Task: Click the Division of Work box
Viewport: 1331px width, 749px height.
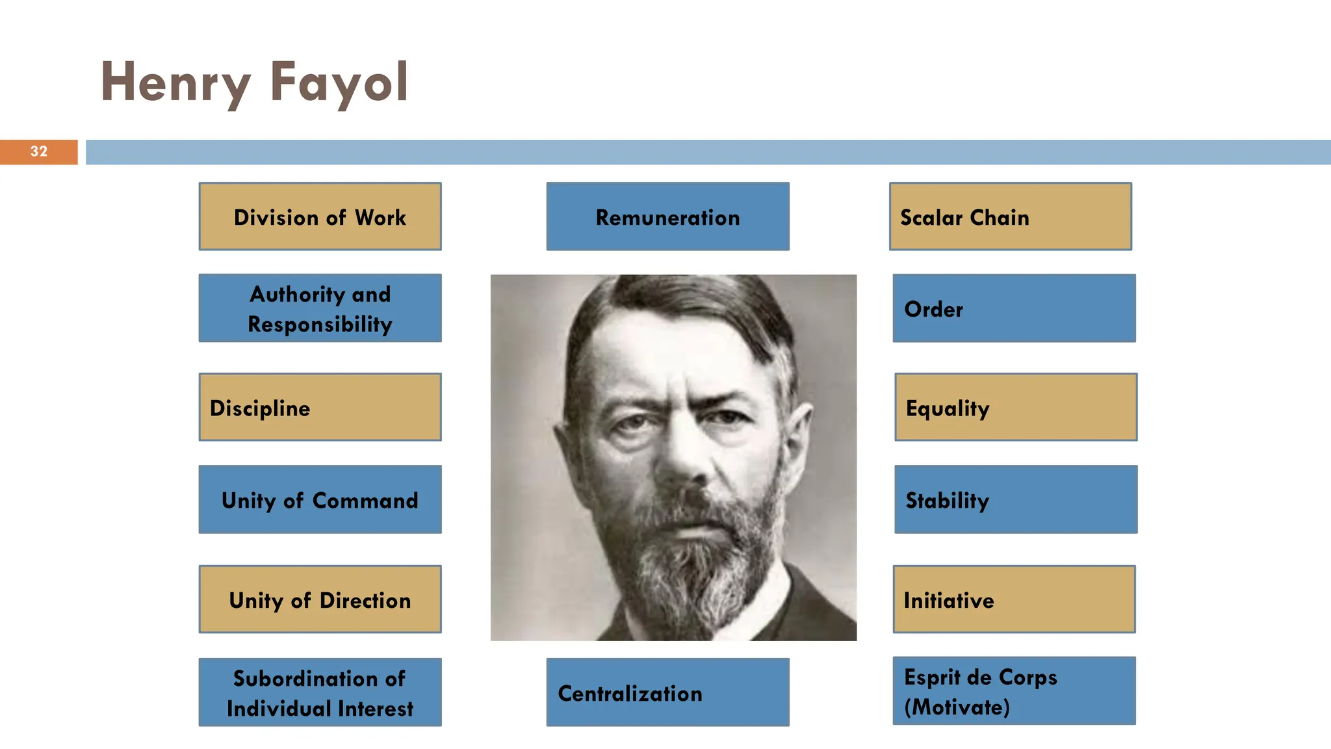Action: point(320,217)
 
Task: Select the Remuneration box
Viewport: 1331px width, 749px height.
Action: point(667,217)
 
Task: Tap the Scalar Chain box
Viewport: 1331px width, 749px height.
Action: point(1010,217)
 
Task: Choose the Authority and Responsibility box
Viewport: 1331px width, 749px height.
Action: point(320,308)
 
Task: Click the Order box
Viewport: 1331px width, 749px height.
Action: point(1014,308)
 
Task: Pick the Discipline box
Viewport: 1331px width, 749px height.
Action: point(320,407)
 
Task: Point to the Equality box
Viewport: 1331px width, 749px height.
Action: point(1016,407)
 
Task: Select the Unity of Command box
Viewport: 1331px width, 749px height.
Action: point(320,499)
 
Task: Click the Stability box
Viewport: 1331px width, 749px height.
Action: point(1016,499)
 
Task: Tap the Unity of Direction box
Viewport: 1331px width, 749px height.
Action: point(320,599)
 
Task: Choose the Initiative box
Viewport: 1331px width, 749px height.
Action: point(1014,599)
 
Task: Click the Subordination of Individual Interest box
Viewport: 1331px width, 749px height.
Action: point(320,692)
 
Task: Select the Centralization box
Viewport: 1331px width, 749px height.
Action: point(667,692)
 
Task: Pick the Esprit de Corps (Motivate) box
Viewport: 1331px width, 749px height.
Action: point(1014,690)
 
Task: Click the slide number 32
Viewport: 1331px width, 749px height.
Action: point(39,151)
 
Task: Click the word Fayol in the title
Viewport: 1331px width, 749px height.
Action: point(339,83)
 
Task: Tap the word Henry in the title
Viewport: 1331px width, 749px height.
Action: point(175,83)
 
